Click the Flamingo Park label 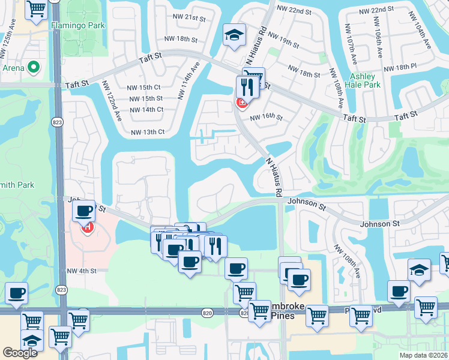point(78,25)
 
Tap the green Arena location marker point(34,67)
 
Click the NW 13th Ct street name point(148,132)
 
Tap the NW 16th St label point(267,118)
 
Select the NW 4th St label point(82,271)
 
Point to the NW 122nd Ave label point(112,100)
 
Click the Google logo point(20,353)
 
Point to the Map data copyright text point(423,355)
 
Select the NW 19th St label point(285,43)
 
